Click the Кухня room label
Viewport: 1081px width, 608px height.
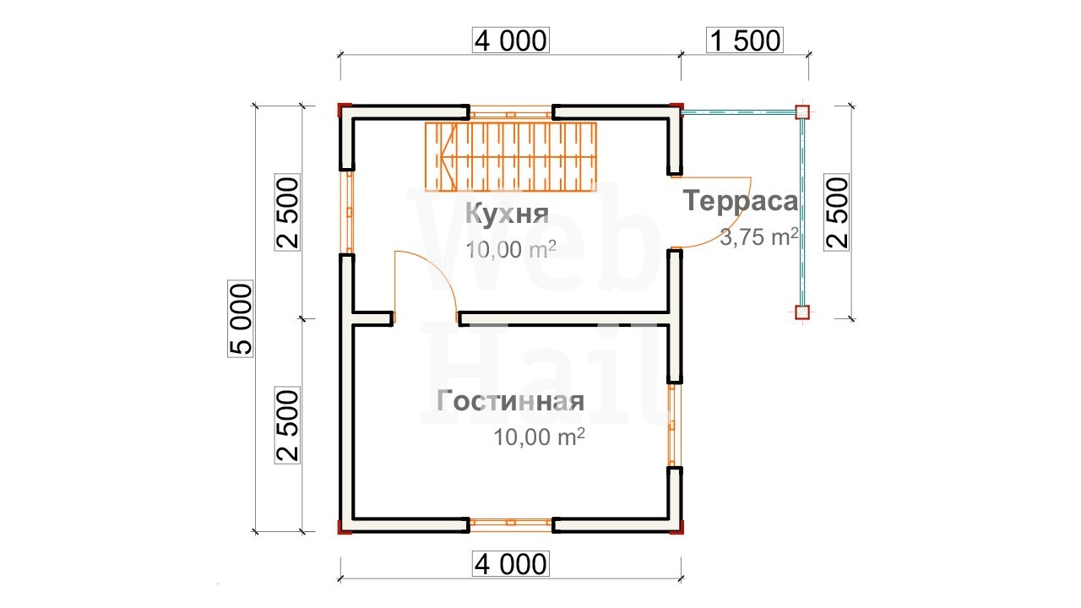(508, 213)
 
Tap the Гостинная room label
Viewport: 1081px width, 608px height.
(511, 401)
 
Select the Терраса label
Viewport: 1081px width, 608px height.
(741, 201)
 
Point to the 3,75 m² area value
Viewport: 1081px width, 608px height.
(759, 236)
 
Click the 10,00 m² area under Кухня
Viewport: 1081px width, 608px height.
(511, 249)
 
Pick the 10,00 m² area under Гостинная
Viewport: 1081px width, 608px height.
(539, 437)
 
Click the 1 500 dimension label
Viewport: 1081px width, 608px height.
(745, 41)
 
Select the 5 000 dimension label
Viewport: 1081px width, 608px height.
(241, 318)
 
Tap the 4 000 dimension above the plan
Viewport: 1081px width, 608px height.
(511, 41)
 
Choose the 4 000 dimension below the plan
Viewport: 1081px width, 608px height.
(511, 564)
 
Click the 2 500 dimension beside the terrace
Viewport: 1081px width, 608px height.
(837, 213)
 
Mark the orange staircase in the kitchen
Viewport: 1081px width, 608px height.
(511, 157)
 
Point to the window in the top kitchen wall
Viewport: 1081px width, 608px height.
(511, 112)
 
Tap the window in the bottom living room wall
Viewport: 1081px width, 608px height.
(511, 525)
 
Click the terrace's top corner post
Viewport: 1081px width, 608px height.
(802, 112)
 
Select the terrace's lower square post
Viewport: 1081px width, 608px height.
(802, 312)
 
